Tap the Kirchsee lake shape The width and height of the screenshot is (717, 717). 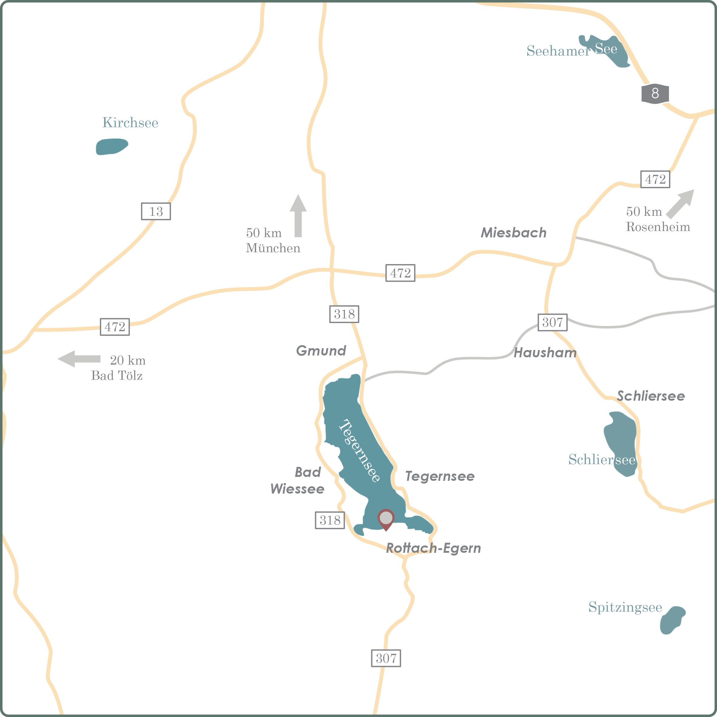click(111, 147)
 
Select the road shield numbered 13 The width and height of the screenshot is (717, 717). click(156, 211)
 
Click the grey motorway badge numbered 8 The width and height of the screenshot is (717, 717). click(655, 93)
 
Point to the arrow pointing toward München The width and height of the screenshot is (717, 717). click(298, 215)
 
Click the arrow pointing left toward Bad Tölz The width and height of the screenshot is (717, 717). click(79, 359)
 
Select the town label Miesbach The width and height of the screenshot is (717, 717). click(514, 233)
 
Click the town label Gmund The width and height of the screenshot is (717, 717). click(321, 351)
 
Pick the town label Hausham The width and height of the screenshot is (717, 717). click(545, 352)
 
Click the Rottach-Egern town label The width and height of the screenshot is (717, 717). click(433, 548)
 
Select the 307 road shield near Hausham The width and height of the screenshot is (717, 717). click(552, 322)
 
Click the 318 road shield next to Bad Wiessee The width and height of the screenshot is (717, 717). click(330, 520)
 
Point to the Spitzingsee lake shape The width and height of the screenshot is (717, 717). click(672, 620)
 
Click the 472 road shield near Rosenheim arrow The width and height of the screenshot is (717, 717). click(655, 179)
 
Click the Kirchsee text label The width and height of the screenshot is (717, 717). click(130, 122)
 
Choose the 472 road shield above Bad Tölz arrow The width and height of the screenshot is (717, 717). click(115, 327)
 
